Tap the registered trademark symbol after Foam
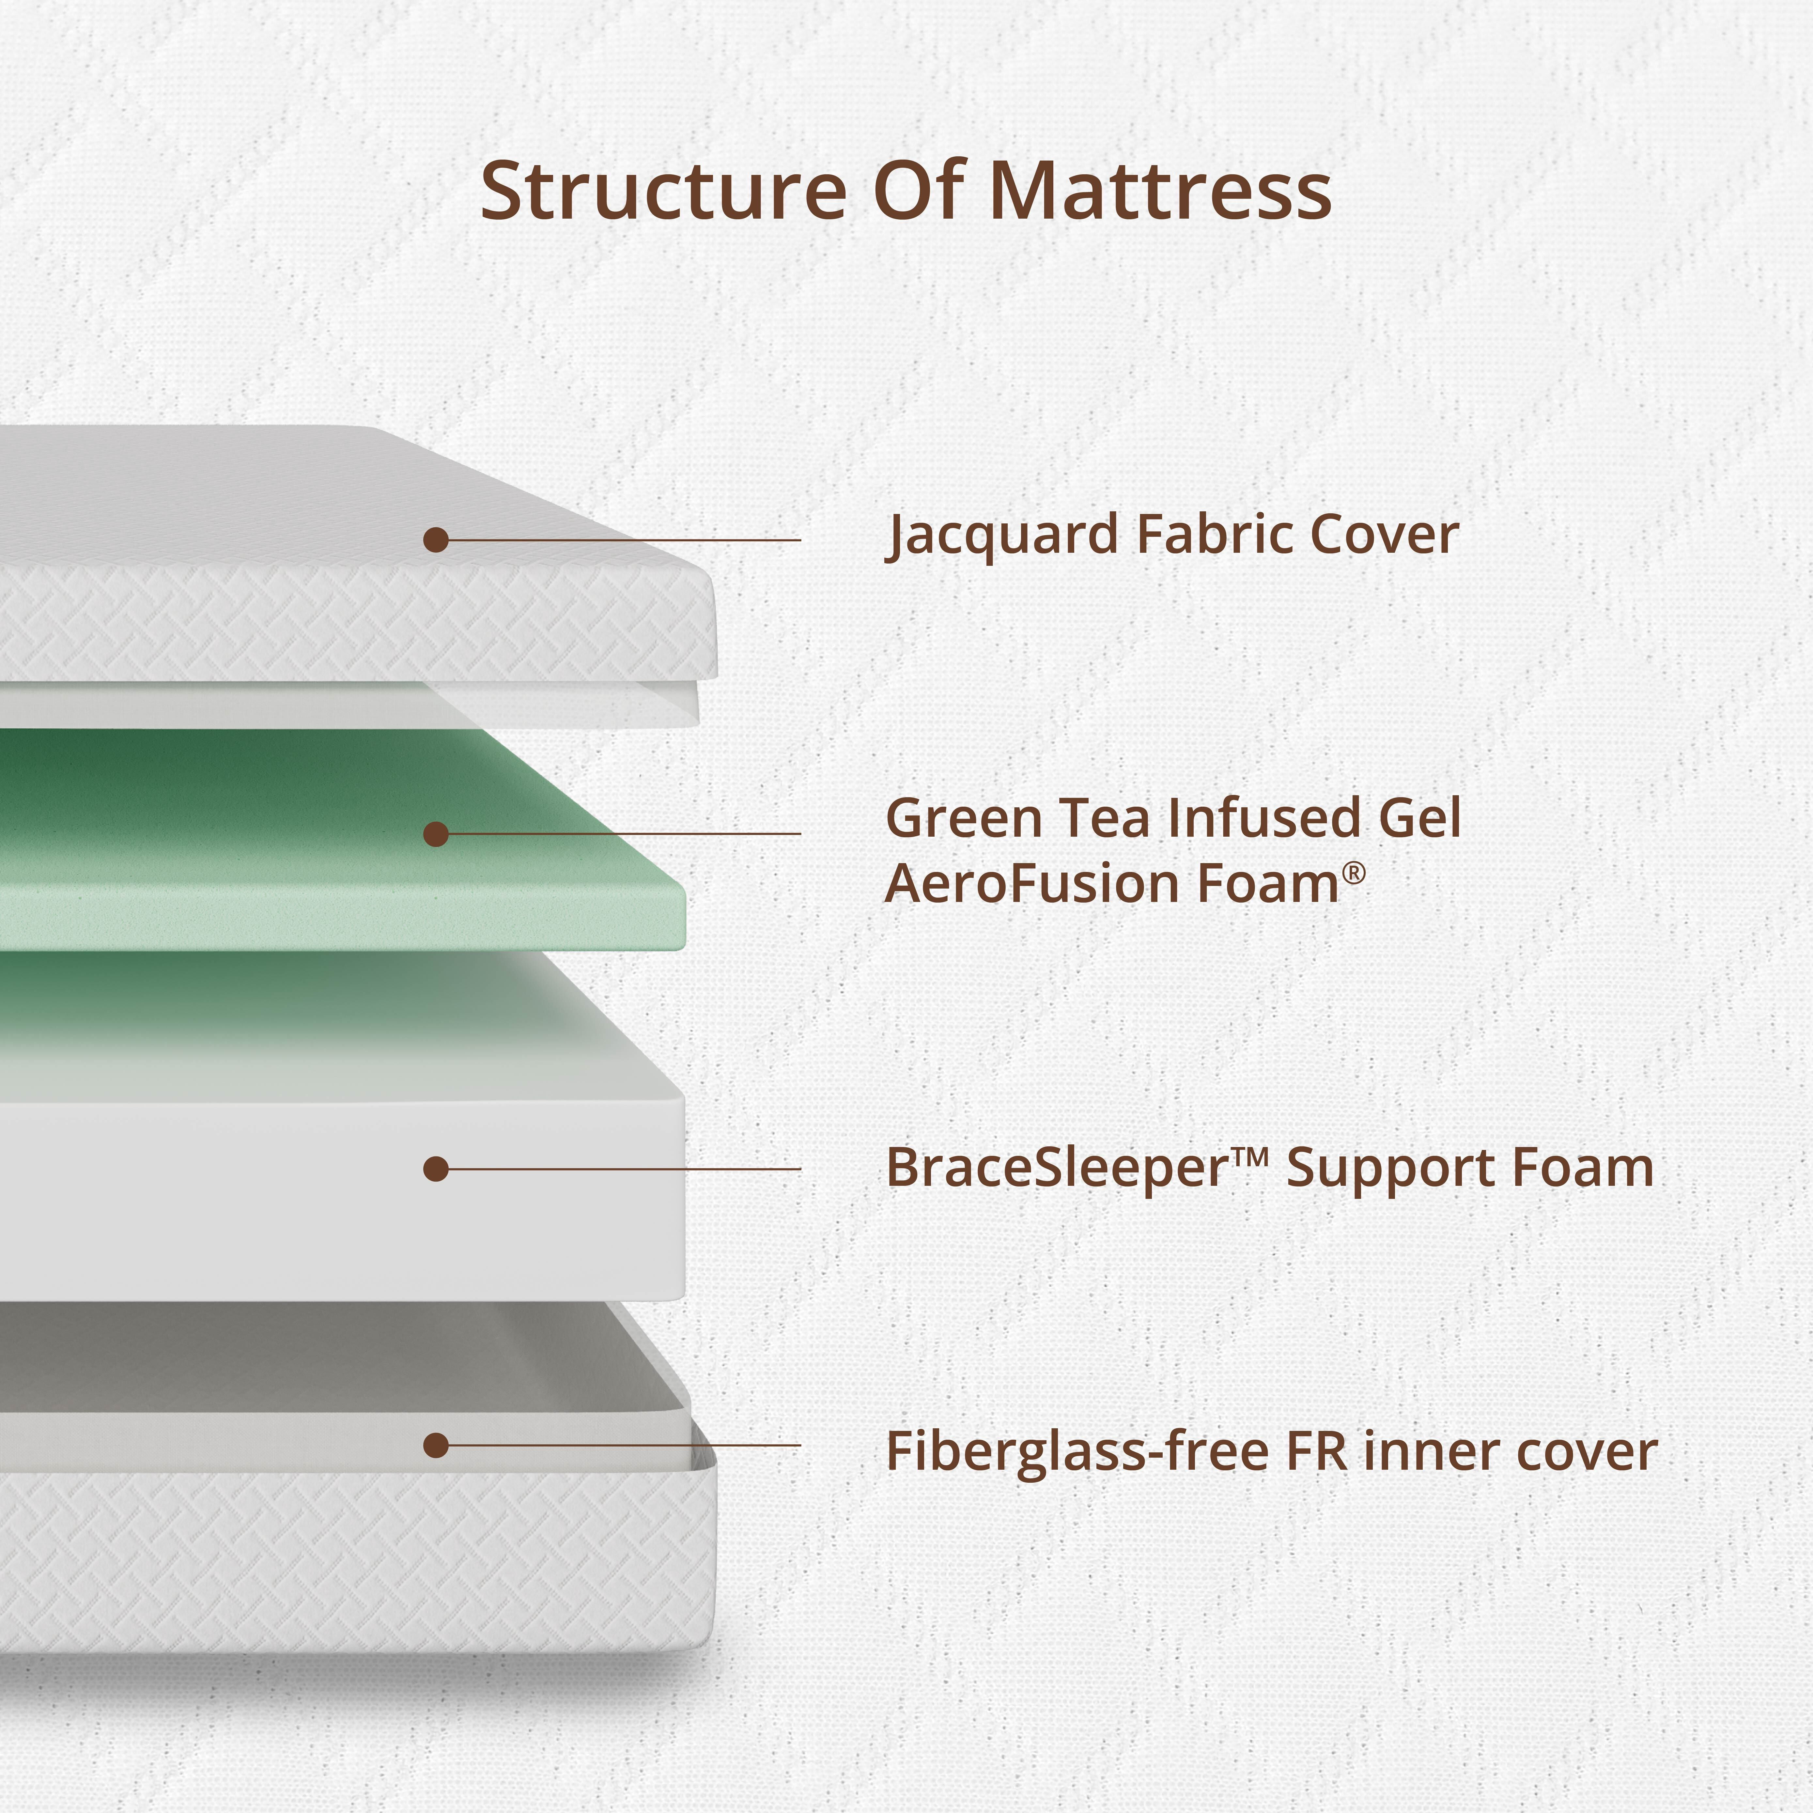pos(1353,874)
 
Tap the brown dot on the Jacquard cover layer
pos(435,540)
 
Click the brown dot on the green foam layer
pos(435,833)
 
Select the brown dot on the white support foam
pos(435,1168)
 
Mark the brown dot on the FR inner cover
pos(435,1445)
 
